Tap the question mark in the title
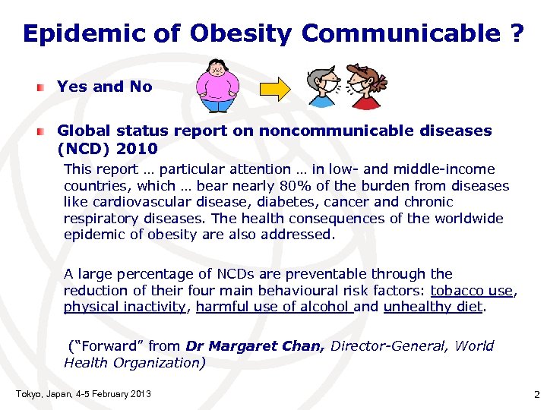(516, 33)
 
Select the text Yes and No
(105, 87)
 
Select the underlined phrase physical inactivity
(125, 307)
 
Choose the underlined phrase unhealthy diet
(433, 307)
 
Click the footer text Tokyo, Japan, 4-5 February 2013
(83, 393)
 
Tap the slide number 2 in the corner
(536, 393)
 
